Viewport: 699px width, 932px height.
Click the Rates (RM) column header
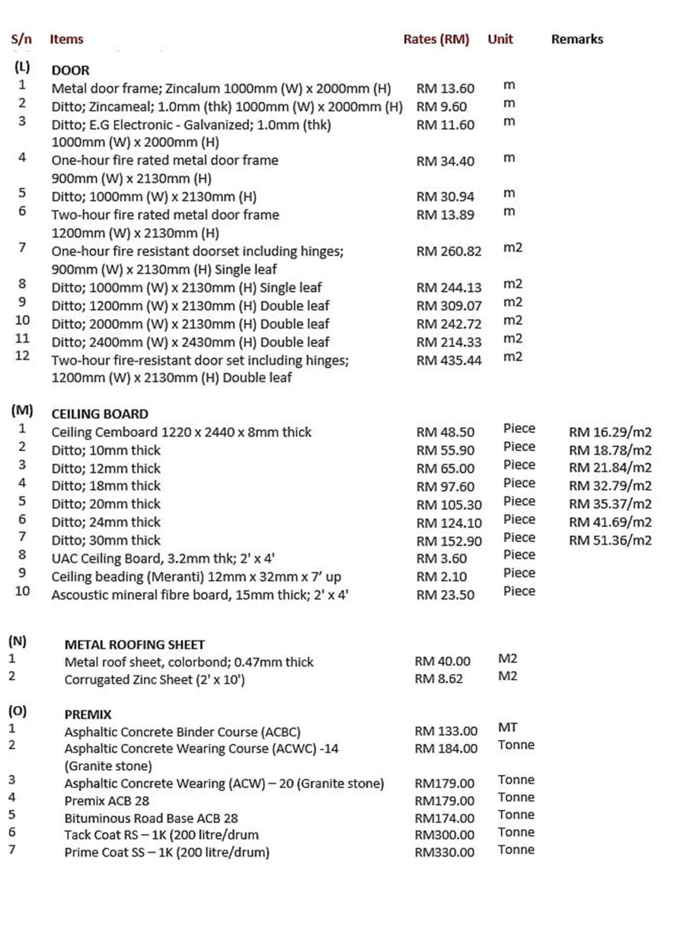pos(436,39)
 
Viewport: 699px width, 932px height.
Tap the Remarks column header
pos(577,39)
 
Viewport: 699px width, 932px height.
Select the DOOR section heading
pos(70,70)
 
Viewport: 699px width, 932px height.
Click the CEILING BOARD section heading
pos(100,414)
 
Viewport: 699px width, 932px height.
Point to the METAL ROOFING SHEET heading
pos(134,645)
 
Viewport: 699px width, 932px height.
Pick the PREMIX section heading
pos(88,715)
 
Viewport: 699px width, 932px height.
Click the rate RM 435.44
pos(449,360)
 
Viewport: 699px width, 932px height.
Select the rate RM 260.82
pos(449,251)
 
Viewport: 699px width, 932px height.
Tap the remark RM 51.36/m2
pos(610,540)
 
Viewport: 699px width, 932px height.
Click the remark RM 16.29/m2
pos(610,432)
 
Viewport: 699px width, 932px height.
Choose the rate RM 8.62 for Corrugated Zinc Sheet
pos(438,679)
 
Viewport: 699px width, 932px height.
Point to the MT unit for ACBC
pos(508,727)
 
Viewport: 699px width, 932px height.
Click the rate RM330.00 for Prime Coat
pos(444,852)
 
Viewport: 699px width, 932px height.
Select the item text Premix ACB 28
pos(107,801)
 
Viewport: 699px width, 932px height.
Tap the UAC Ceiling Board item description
pos(163,559)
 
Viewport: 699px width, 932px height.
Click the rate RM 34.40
pos(445,161)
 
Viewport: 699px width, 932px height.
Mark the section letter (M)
pos(22,411)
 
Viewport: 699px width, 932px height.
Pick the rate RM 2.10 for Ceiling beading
pos(441,577)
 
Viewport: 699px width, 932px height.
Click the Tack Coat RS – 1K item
pos(161,835)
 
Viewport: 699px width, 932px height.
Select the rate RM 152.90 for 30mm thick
pos(449,541)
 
